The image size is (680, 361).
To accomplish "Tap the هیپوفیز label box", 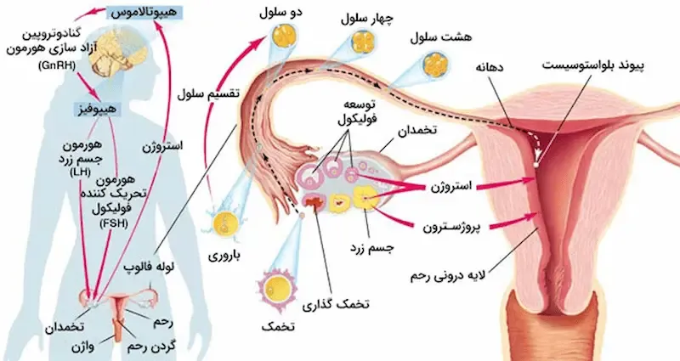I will tap(96, 109).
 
